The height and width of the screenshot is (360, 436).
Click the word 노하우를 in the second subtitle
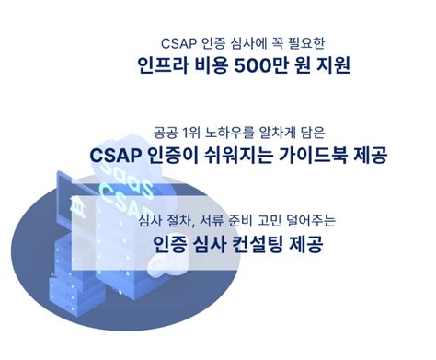click(234, 132)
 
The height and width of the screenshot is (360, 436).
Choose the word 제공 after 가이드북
click(367, 155)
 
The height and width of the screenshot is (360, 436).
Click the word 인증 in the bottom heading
click(171, 244)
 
